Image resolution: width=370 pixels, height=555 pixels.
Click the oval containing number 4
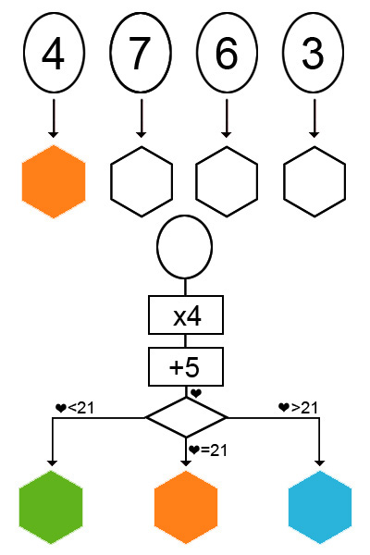pos(54,53)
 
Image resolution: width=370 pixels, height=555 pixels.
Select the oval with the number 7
pos(141,53)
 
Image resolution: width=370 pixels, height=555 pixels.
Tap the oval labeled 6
pos(227,53)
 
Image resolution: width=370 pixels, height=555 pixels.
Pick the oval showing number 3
pos(313,53)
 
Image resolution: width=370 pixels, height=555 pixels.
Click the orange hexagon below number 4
pos(54,181)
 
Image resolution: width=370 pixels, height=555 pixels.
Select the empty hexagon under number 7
pos(142,181)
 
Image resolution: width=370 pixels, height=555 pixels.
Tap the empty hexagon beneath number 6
pos(227,181)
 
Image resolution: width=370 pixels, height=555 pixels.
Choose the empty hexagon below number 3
pos(314,181)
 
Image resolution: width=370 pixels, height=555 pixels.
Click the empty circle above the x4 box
pos(184,247)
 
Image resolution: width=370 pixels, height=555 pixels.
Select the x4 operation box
pos(186,315)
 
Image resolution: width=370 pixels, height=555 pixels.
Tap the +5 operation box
pos(186,366)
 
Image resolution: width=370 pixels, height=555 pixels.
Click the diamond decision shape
pos(186,418)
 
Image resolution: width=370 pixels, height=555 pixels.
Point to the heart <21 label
pos(75,408)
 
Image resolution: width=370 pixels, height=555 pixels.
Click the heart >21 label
pos(298,408)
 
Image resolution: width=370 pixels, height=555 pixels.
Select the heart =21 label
pos(208,450)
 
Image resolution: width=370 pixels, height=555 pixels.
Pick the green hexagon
pos(51,507)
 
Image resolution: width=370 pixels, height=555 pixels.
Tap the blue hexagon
pos(320,507)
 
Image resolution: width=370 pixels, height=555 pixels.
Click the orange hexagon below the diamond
pos(186,507)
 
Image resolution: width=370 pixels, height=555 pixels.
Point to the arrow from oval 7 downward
pos(142,118)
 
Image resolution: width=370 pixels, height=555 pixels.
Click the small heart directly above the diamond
pos(196,393)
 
